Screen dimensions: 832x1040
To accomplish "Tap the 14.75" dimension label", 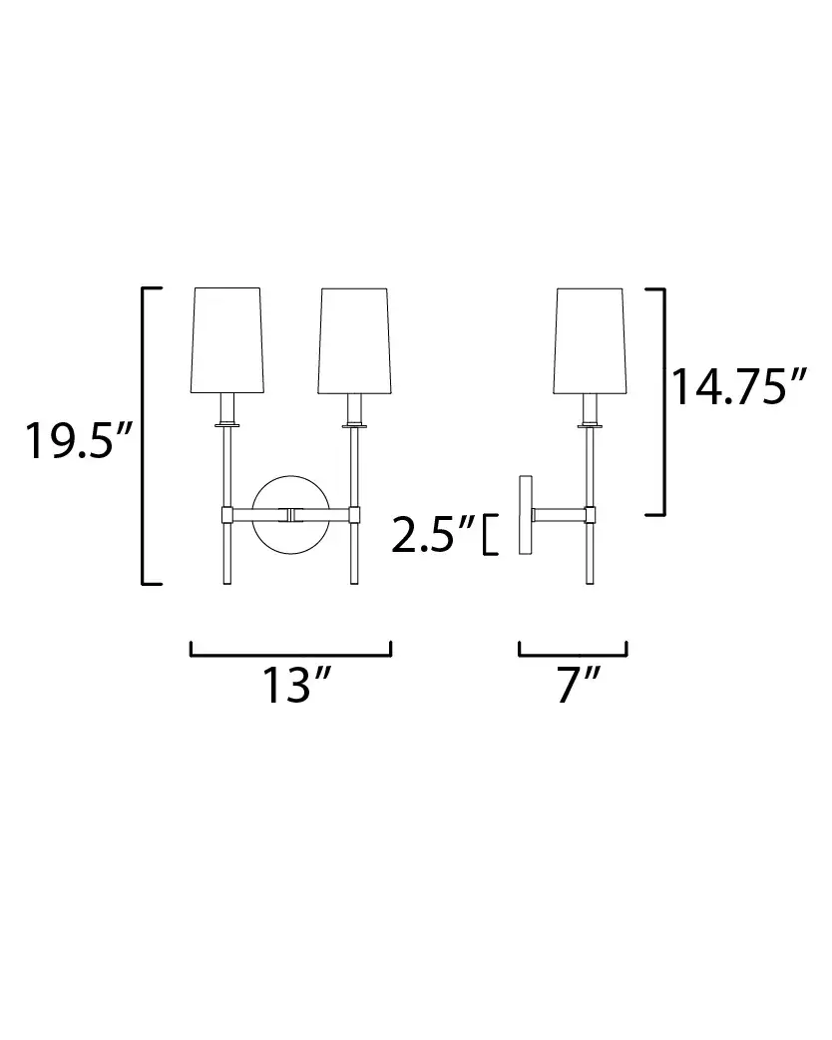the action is point(740,386).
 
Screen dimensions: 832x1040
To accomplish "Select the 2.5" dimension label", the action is point(434,534).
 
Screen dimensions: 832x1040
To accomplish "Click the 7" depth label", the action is point(578,685).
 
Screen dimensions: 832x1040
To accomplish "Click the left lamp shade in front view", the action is point(227,340).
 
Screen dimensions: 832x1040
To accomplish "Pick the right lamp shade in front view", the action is point(354,340).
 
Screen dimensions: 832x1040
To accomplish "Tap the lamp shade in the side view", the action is point(590,340).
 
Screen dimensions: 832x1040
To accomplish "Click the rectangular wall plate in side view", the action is point(526,515).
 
